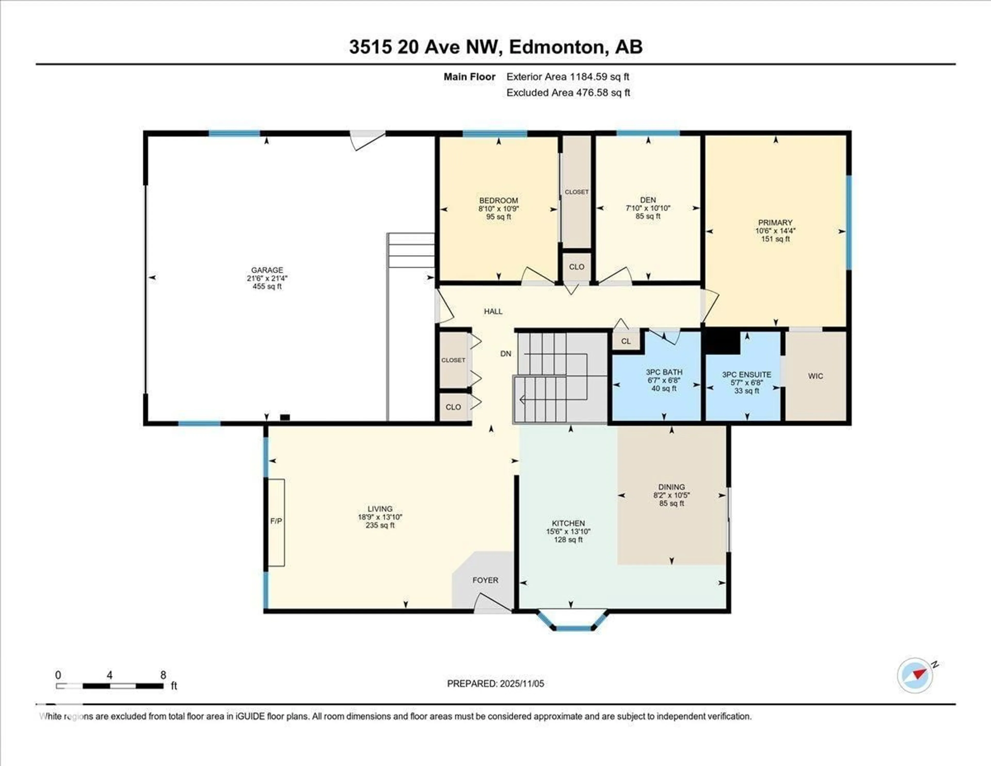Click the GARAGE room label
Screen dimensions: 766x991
[267, 270]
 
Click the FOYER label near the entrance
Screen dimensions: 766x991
[485, 580]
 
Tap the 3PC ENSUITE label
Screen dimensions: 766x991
[746, 374]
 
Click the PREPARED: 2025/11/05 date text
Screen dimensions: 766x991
[495, 683]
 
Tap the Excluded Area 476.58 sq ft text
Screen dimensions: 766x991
[568, 93]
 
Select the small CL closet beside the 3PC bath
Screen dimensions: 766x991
[626, 341]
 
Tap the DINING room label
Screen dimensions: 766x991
[672, 487]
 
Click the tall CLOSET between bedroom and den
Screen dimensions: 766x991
[576, 192]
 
